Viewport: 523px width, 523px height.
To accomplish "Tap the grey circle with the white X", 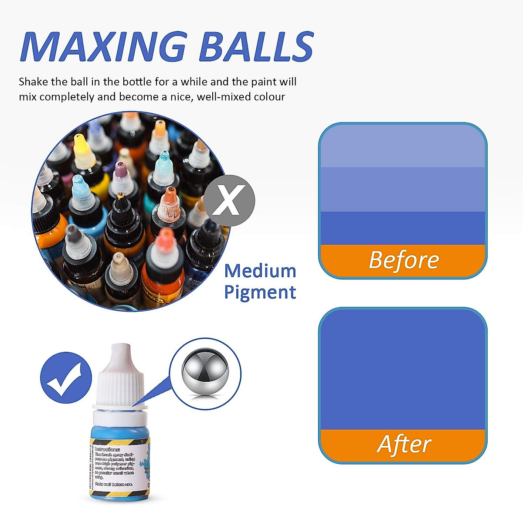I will tap(230, 200).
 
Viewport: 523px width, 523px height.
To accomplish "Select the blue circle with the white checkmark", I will tap(66, 377).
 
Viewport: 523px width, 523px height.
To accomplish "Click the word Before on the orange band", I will tap(404, 260).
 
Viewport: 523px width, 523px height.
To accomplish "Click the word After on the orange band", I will tap(404, 445).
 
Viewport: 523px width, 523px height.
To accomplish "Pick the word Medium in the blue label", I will tap(260, 271).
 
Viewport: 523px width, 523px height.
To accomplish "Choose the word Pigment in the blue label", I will tap(260, 292).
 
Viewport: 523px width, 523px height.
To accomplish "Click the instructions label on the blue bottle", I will tap(114, 466).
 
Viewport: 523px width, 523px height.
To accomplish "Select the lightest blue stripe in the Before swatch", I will tap(403, 146).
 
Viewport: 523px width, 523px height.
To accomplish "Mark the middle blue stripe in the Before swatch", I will tap(403, 190).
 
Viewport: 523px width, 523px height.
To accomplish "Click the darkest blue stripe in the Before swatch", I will tap(403, 228).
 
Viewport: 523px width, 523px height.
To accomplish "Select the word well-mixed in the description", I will tap(223, 97).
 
